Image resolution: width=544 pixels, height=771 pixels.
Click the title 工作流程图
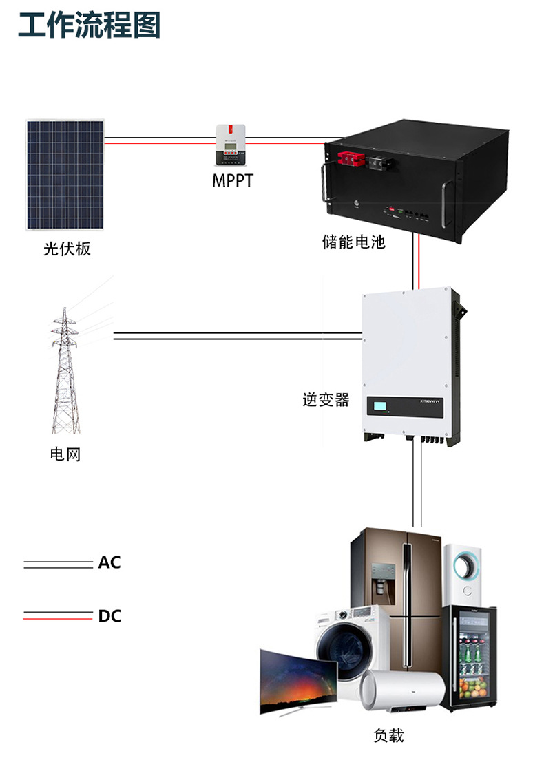[89, 25]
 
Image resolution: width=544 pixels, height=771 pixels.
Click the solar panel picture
[66, 175]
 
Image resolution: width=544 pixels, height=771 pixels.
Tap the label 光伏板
[67, 249]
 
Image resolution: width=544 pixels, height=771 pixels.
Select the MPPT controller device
[231, 145]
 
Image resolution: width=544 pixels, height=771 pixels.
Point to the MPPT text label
[232, 182]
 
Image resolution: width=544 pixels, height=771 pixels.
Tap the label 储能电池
[354, 242]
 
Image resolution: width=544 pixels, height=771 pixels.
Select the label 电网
[65, 454]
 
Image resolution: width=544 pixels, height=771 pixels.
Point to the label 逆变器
[326, 400]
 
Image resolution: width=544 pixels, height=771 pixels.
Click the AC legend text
[109, 562]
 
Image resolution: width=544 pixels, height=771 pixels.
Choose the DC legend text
[109, 615]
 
